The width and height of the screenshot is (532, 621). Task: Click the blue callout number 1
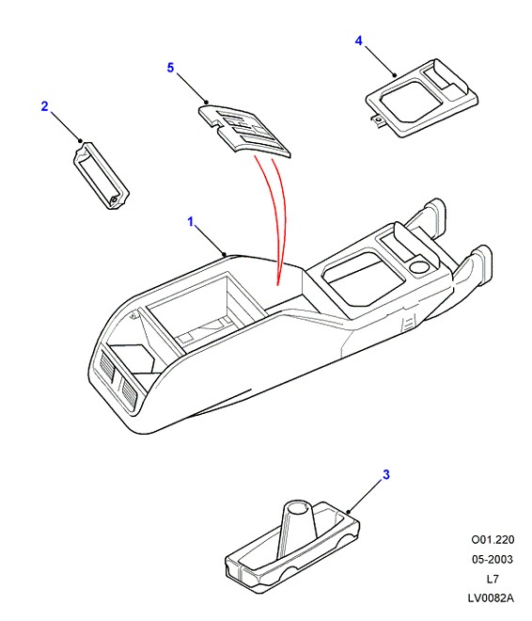coord(191,221)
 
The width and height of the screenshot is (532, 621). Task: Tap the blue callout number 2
coord(45,106)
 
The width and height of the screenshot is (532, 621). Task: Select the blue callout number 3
coord(385,474)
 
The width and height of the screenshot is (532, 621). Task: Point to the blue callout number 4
coord(358,40)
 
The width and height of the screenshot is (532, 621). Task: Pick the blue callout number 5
coord(170,68)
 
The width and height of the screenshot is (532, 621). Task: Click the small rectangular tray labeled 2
coord(102,175)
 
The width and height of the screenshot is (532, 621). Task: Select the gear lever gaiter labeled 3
coord(292,546)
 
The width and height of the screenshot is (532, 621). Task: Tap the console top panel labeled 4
coord(422,98)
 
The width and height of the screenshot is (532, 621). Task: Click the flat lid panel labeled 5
coord(244,130)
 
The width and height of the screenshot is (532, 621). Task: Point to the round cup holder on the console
coord(419,267)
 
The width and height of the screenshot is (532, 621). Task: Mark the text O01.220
coord(493,539)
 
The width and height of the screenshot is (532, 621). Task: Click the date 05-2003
coord(493,559)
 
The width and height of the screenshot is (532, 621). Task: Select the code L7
coord(493,579)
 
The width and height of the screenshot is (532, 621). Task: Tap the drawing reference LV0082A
coord(491,598)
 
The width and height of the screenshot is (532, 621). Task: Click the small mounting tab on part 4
coord(379,119)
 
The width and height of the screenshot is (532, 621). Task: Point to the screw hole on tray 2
coord(114,200)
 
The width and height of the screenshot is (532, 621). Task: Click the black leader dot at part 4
coord(395,75)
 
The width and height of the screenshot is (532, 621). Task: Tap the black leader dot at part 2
coord(80,140)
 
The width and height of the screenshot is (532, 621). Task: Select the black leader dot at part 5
coord(206,103)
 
